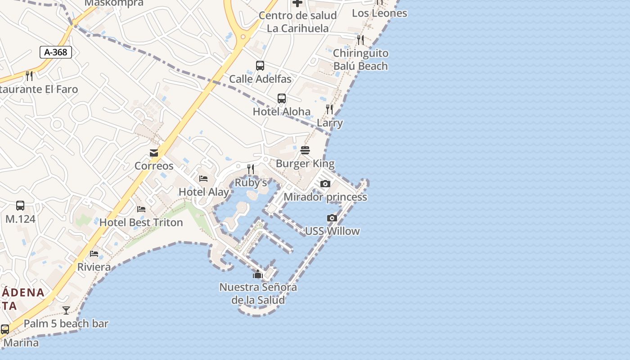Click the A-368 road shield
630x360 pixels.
click(x=56, y=52)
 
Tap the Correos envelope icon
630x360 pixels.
click(x=154, y=153)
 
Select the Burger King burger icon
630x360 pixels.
click(x=305, y=150)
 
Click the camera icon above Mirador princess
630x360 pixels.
click(x=325, y=184)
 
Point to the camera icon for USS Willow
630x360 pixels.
click(x=332, y=218)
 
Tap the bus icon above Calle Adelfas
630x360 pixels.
click(x=260, y=66)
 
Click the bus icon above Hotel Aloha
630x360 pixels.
click(x=282, y=99)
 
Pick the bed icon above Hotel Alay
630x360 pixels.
click(x=203, y=179)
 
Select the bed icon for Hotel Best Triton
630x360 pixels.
click(x=141, y=209)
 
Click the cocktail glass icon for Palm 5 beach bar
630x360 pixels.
click(x=66, y=310)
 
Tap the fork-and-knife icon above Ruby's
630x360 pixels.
click(x=251, y=169)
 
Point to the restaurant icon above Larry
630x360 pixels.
click(x=329, y=109)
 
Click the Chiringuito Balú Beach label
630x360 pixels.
click(x=360, y=59)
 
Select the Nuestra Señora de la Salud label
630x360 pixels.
click(x=258, y=293)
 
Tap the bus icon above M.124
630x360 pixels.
click(x=20, y=206)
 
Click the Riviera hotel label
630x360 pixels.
click(x=94, y=267)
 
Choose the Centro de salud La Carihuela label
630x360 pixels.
click(x=297, y=22)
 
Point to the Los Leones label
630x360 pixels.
click(x=379, y=13)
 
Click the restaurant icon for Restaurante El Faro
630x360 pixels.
click(x=29, y=76)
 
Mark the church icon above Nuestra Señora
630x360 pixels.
click(x=258, y=274)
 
